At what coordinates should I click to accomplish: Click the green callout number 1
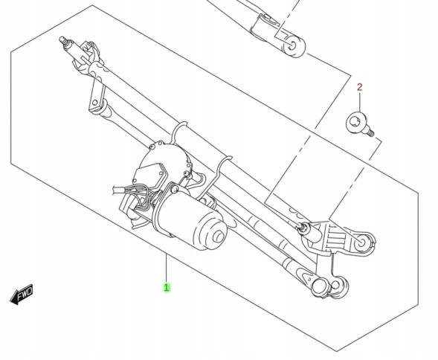tap(167, 286)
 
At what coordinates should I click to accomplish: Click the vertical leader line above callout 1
tap(167, 268)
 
